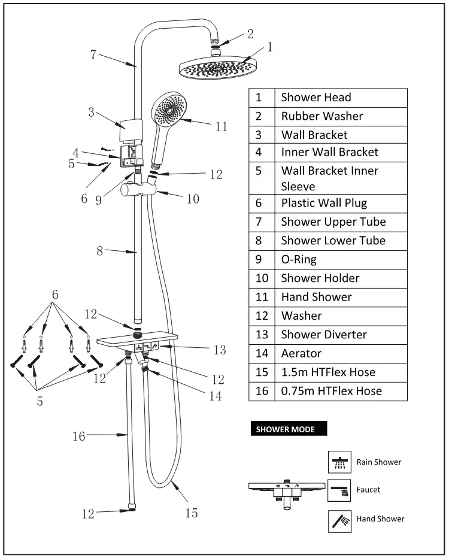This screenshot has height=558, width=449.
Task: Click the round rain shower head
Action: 218,67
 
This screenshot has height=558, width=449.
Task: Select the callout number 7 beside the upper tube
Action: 94,54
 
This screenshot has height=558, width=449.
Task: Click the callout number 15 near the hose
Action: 191,512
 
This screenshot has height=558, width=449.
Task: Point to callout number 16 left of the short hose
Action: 80,436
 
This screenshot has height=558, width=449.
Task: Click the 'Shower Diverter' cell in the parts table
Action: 324,335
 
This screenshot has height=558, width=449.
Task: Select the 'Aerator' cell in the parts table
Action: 301,353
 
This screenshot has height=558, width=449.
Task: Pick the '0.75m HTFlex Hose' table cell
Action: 332,391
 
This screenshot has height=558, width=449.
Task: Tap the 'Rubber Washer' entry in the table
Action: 322,116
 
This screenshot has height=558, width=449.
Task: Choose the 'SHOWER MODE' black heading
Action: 281,429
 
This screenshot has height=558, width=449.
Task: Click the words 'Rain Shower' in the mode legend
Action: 379,462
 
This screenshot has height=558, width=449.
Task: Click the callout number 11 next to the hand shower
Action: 222,126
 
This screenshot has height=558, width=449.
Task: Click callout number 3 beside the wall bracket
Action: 91,111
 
